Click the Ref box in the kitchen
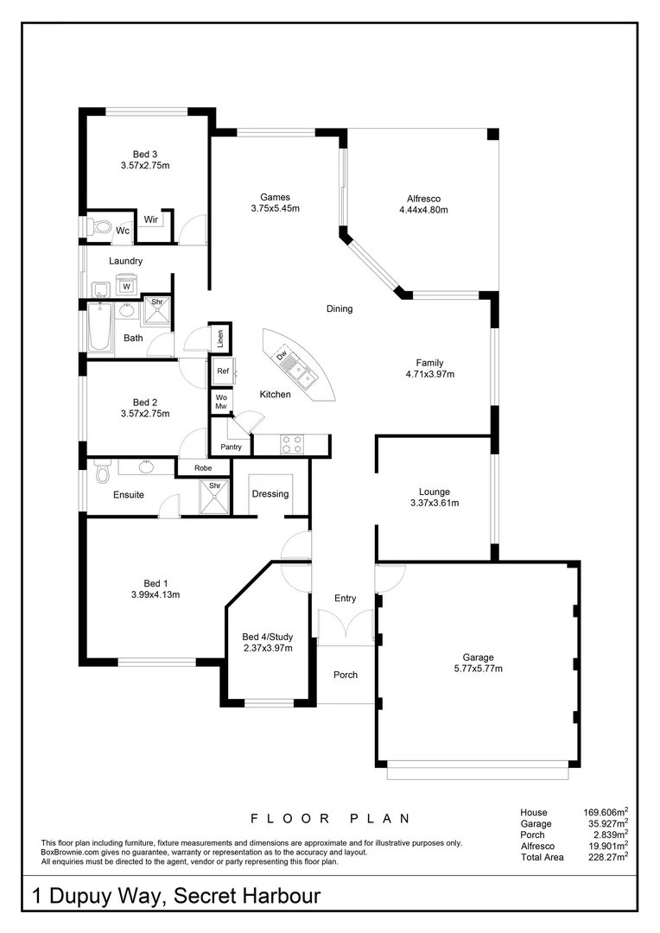tap(222, 371)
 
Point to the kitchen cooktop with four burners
tap(293, 443)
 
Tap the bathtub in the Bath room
tap(99, 328)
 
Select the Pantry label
tap(231, 447)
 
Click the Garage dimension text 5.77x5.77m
tap(478, 668)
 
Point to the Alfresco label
tap(423, 197)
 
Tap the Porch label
tap(346, 675)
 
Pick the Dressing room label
tap(270, 494)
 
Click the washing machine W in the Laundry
tap(126, 286)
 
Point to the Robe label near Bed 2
tap(203, 467)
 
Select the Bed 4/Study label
tap(267, 637)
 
